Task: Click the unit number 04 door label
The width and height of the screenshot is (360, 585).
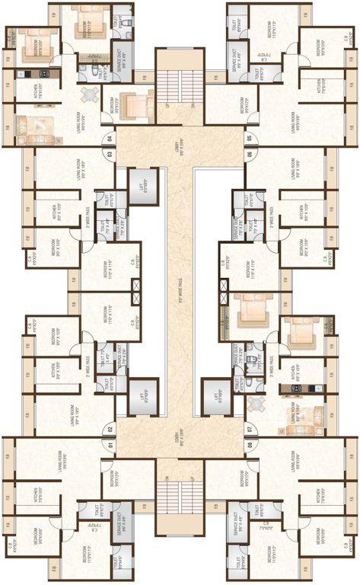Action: tap(110, 139)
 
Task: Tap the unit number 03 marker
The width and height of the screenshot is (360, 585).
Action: tap(110, 155)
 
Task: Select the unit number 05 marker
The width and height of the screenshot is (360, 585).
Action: tap(249, 139)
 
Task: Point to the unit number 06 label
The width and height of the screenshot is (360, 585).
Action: tap(249, 155)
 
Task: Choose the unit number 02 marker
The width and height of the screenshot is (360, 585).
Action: tap(110, 430)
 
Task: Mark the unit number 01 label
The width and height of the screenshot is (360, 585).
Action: tap(110, 445)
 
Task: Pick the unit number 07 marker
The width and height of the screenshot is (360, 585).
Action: tap(249, 430)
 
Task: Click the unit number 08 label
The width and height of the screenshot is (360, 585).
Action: tap(249, 445)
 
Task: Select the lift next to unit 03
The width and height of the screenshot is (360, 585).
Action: tap(142, 185)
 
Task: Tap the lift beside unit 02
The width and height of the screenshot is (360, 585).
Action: tap(142, 396)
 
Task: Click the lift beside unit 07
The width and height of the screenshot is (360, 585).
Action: tap(217, 396)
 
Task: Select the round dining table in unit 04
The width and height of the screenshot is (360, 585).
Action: tap(90, 94)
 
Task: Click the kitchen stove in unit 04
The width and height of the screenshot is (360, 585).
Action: tap(44, 74)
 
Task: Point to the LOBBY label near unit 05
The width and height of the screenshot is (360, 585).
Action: tap(180, 142)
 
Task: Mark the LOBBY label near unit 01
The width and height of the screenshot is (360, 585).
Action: tap(180, 440)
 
